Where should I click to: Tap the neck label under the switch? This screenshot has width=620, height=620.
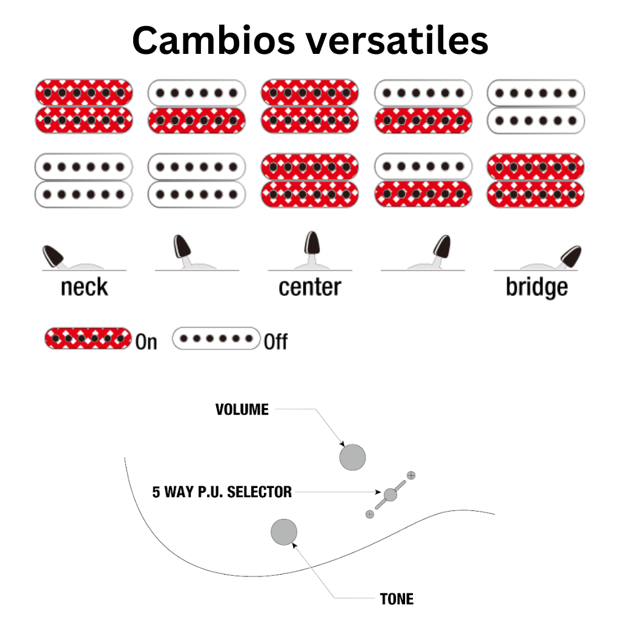(84, 288)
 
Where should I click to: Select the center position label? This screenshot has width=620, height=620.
(309, 288)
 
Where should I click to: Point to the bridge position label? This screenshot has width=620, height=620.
(536, 288)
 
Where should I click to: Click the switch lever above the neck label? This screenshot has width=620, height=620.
(54, 255)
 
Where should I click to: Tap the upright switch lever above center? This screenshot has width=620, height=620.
(312, 245)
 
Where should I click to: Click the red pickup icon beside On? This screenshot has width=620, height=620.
(88, 338)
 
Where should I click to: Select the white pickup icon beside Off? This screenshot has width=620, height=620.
(216, 338)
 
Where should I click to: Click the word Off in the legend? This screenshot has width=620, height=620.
(275, 342)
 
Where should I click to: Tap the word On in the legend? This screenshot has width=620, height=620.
(146, 342)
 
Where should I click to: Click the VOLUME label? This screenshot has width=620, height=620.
(242, 410)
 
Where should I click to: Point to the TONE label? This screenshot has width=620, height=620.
(397, 599)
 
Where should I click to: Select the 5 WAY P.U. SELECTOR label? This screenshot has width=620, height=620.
(222, 492)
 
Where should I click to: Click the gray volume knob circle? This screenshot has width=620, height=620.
(352, 457)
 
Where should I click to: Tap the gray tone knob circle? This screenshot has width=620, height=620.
(284, 532)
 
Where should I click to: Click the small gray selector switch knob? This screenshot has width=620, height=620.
(391, 495)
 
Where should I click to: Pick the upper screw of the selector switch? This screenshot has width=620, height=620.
(412, 475)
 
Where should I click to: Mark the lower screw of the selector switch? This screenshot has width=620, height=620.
(369, 514)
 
